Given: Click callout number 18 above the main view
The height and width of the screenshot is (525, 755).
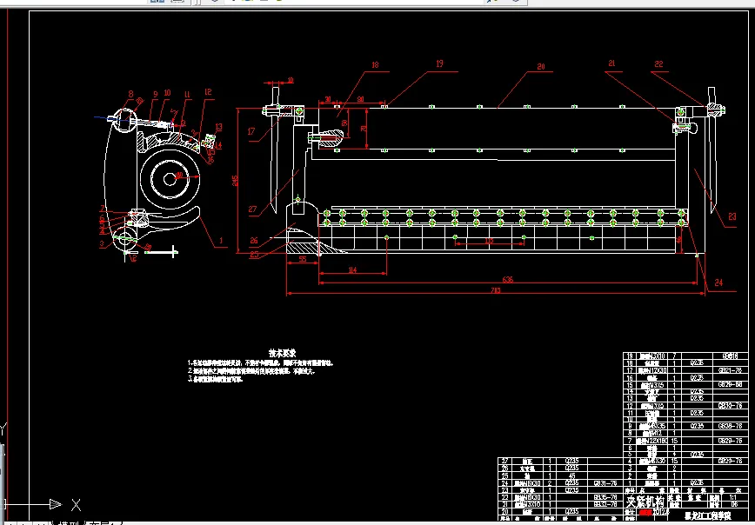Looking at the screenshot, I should [x=375, y=64].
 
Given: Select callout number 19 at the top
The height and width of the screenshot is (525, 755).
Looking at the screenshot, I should [x=438, y=63].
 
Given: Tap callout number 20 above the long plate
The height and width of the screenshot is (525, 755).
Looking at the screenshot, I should [x=540, y=66].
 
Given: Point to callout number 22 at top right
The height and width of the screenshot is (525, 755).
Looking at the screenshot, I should [x=658, y=63].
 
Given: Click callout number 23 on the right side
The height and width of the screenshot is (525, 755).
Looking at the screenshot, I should [x=732, y=216].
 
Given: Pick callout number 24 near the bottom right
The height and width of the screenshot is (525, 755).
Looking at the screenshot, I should [x=719, y=282].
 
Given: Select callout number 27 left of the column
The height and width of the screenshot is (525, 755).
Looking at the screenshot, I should [x=253, y=209].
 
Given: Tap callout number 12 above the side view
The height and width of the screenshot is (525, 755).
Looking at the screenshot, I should [x=208, y=90].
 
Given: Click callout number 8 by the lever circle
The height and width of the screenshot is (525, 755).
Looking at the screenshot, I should [x=130, y=94].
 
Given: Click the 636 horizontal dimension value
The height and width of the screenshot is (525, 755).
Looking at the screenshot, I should [x=508, y=279].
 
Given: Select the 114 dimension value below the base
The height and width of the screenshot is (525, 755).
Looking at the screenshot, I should [x=352, y=270].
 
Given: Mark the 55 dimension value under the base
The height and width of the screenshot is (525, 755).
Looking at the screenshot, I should [x=302, y=260].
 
